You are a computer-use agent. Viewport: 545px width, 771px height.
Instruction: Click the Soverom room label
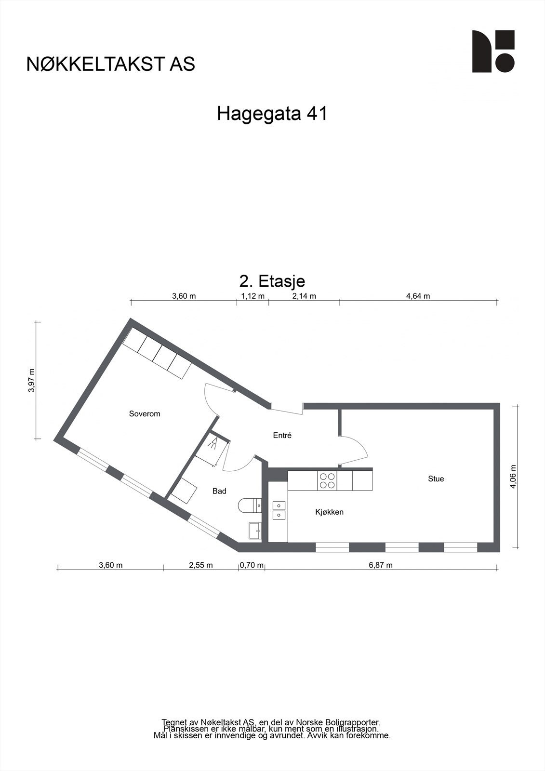click(145, 413)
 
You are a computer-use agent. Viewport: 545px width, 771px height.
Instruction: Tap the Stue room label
click(436, 479)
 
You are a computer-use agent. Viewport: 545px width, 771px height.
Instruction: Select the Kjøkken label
click(329, 512)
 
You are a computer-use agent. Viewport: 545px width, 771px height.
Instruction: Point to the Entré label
click(282, 435)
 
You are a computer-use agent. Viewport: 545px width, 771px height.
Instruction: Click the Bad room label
click(219, 491)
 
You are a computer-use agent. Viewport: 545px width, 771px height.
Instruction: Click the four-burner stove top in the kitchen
click(327, 480)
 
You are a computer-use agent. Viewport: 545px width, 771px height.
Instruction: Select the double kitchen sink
click(279, 510)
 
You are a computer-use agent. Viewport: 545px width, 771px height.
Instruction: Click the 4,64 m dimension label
click(418, 296)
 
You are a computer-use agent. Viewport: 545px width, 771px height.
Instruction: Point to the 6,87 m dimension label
click(381, 565)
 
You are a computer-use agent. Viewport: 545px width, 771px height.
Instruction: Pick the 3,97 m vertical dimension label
click(32, 381)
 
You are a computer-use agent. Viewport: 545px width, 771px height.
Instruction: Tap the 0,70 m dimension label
click(252, 565)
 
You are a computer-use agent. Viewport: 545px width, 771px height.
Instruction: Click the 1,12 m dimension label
click(253, 296)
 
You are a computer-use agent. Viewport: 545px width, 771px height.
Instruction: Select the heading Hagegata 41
click(272, 114)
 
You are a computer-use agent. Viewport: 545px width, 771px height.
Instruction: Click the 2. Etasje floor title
click(272, 280)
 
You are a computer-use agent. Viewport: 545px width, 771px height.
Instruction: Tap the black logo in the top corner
click(493, 52)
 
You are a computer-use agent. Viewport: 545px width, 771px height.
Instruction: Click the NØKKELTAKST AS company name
click(111, 64)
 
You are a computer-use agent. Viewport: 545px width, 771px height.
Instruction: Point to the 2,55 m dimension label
click(200, 565)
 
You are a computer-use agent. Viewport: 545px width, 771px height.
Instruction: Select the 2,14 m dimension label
click(304, 296)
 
